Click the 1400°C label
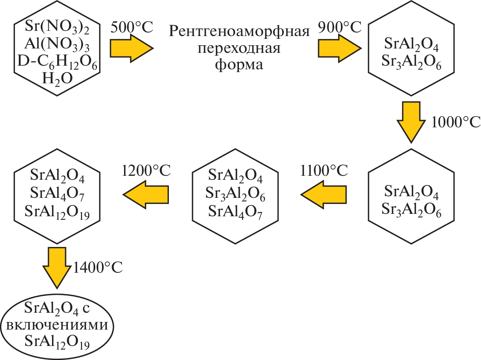[98, 266]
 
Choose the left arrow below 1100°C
[324, 194]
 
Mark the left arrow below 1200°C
[146, 194]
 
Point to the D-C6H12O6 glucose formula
[57, 61]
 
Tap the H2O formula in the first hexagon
[57, 78]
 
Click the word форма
[239, 64]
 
